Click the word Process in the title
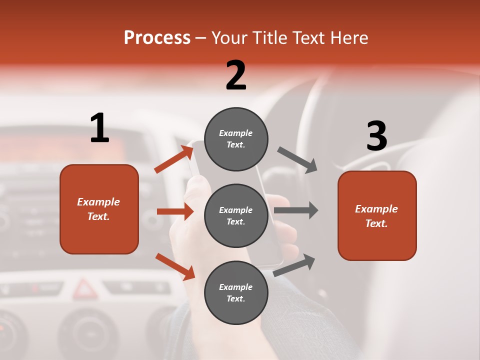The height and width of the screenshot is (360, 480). coord(157,38)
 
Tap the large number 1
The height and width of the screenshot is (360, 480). coord(99,128)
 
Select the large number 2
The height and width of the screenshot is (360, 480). coord(236,75)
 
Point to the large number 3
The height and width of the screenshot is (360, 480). coord(376,136)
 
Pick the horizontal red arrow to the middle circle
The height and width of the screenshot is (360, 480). coord(175,211)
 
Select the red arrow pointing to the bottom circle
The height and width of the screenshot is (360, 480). coord(175,266)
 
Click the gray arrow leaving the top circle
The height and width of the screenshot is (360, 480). coord(297,160)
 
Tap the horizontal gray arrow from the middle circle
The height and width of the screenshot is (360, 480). coord(295,210)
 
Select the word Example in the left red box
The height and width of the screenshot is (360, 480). coord(98,202)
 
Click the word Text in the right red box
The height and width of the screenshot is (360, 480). coord(376,223)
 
